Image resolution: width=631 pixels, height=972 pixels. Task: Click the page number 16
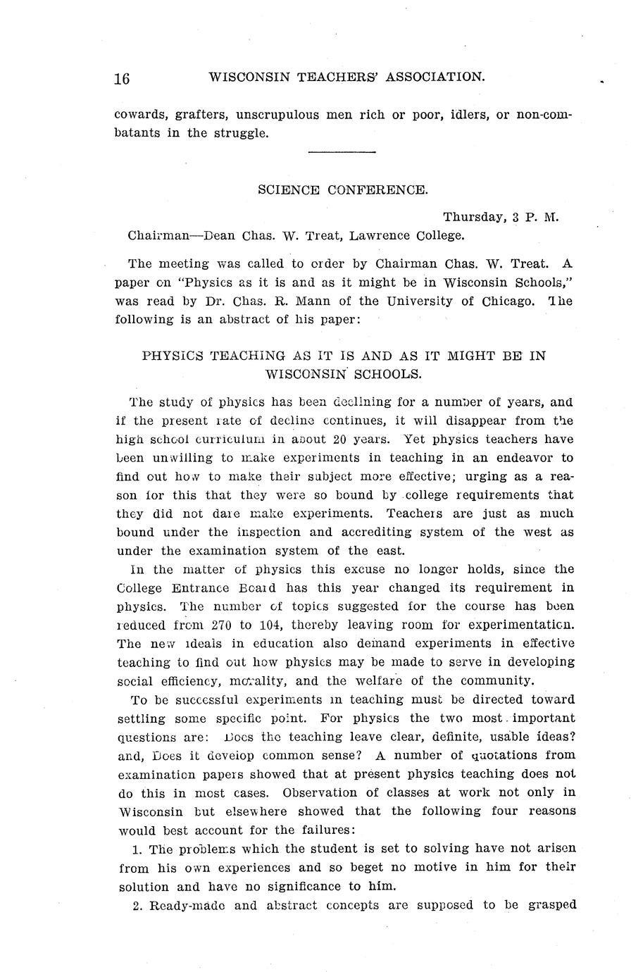122,78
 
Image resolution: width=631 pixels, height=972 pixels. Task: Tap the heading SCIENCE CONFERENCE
342,189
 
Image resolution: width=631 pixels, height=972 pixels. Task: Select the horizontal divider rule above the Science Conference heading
342,152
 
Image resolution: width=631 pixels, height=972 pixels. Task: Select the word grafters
201,114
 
